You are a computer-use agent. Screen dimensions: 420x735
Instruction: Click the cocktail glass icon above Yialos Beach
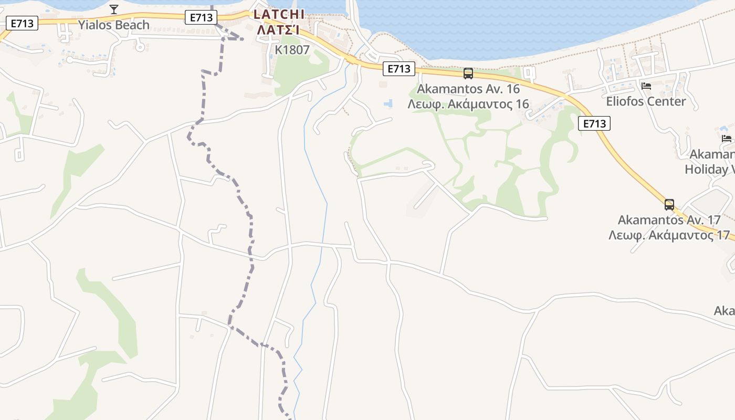[114, 9]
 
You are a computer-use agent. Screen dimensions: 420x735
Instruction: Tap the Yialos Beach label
[113, 25]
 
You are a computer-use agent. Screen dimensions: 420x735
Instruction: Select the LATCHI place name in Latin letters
[278, 15]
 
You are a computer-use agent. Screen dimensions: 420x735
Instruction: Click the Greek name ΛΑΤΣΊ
[278, 30]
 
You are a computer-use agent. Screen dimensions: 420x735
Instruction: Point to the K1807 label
[292, 50]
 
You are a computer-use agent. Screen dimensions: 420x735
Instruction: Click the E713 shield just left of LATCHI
[201, 17]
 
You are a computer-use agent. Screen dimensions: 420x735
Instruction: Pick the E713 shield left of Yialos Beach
[22, 23]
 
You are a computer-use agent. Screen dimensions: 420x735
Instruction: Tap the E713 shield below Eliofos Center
[594, 123]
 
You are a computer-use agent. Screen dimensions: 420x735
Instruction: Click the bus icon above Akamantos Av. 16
[468, 73]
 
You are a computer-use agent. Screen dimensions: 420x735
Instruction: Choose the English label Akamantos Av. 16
[468, 89]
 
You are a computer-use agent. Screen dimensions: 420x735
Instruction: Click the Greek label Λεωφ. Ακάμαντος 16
[468, 104]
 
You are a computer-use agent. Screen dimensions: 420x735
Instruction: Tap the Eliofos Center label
[646, 101]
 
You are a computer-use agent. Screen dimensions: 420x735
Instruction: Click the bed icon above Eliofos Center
[646, 86]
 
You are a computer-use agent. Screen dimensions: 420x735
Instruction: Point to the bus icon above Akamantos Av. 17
[669, 204]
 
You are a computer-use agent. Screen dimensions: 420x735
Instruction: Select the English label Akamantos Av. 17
[669, 219]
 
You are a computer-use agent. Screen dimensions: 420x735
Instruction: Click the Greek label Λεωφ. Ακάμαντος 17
[669, 235]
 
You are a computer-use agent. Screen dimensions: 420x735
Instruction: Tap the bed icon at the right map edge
[727, 138]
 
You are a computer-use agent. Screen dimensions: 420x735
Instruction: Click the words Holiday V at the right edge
[709, 169]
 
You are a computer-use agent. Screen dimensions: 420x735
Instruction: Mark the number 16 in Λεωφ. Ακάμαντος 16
[522, 104]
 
